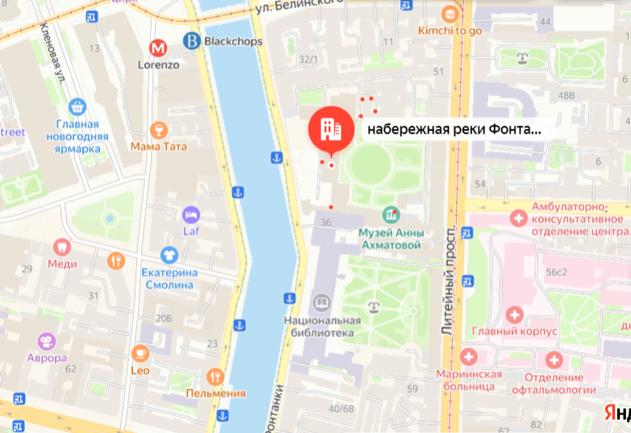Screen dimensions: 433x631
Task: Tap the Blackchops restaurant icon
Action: tap(192, 39)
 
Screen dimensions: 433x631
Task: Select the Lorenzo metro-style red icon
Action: tap(158, 47)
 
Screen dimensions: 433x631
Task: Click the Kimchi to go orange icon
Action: tap(450, 14)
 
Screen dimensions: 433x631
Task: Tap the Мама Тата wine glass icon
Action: tap(159, 130)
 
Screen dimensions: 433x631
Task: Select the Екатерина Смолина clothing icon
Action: tap(168, 255)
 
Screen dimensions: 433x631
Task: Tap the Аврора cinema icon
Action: tap(45, 341)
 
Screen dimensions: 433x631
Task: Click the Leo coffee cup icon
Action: tap(140, 353)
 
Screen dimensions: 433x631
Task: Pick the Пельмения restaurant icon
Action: tap(214, 376)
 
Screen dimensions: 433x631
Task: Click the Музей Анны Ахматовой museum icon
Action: tap(391, 215)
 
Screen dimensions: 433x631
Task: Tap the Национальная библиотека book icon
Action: tap(320, 302)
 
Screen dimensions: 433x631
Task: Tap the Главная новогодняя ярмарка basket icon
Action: tap(77, 106)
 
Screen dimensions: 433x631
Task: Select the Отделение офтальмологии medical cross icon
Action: tap(554, 360)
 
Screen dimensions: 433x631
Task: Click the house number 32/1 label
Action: tap(307, 59)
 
